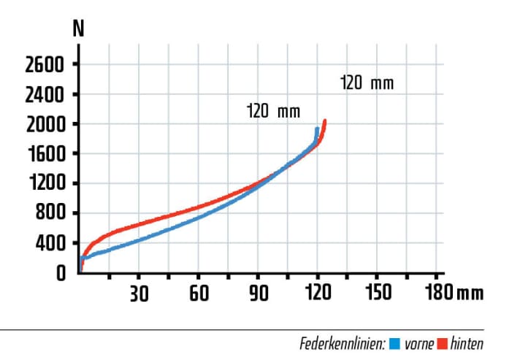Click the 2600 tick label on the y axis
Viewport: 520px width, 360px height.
45,65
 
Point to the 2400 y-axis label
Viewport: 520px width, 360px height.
45,95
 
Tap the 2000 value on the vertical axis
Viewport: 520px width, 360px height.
45,124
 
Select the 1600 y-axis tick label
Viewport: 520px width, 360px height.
45,154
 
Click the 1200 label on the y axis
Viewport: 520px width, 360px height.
45,184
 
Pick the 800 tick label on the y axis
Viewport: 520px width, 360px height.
51,213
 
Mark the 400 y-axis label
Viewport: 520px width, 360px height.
51,243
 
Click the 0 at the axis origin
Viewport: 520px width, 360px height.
61,272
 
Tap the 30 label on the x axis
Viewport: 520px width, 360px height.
139,294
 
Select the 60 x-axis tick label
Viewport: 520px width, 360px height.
199,294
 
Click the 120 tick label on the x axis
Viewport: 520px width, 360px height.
318,294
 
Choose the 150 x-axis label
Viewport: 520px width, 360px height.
376,294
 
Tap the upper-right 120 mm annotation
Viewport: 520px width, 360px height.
367,83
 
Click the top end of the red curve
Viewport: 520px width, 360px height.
324,121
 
